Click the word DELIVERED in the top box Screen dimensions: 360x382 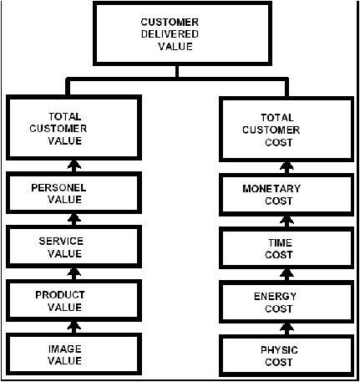coord(170,34)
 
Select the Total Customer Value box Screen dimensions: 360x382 coord(74,128)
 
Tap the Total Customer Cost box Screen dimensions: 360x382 coord(286,129)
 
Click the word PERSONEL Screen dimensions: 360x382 coord(58,187)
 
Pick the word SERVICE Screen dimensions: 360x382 coord(61,242)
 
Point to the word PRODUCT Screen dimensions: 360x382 coord(60,295)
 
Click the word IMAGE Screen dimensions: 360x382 coord(65,349)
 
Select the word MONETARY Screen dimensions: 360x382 coord(271,189)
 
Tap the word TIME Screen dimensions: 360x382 coord(280,243)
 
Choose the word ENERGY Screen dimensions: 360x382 coord(275,297)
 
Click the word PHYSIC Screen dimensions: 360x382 coord(279,350)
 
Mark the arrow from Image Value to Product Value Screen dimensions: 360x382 coord(74,328)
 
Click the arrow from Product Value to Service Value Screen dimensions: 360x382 coord(74,274)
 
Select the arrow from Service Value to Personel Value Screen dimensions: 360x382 coord(74,220)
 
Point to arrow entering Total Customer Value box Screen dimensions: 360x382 coord(74,166)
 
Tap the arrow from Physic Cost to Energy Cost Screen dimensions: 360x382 coord(286,329)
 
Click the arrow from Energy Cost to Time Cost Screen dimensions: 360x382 coord(286,275)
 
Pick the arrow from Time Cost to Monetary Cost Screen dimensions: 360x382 coord(286,222)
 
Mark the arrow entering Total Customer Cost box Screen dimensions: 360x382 coord(286,168)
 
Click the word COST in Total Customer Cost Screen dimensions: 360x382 coord(279,142)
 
